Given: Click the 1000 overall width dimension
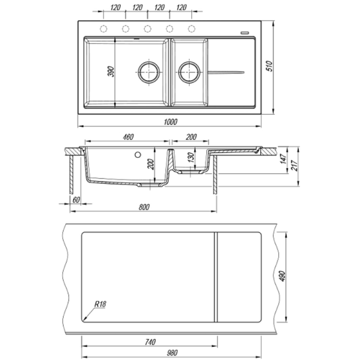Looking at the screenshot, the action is pos(171,122).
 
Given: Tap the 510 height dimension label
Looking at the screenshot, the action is pos(269,66).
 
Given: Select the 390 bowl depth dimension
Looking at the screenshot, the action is pos(111,71).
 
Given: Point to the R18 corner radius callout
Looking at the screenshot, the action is pos(100,304).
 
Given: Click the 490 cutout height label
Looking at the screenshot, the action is pos(282,277).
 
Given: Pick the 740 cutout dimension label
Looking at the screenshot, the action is pos(150,342).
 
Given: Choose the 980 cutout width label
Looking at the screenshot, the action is pos(172,353).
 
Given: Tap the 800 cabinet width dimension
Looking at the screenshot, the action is pos(144,207).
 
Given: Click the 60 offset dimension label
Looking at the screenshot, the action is pos(76,200).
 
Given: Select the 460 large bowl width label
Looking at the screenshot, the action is pos(128,137).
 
